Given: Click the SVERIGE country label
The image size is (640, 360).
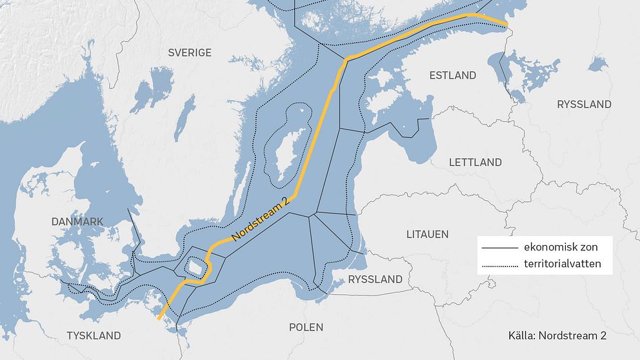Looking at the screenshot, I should pyautogui.click(x=190, y=52).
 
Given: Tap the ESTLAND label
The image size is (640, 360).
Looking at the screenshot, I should pyautogui.click(x=452, y=75).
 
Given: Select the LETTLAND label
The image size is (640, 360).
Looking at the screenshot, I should pyautogui.click(x=475, y=163).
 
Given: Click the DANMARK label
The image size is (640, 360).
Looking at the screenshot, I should pyautogui.click(x=77, y=221).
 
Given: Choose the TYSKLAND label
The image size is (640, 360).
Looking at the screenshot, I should pyautogui.click(x=94, y=335).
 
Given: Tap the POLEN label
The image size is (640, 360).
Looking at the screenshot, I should pyautogui.click(x=306, y=327).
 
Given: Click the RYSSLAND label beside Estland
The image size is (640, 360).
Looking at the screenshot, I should pyautogui.click(x=584, y=104).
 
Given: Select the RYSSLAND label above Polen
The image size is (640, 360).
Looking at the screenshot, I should pyautogui.click(x=375, y=279).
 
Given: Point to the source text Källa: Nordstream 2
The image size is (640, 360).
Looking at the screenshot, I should pyautogui.click(x=557, y=335).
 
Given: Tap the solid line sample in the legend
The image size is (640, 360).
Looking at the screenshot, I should pyautogui.click(x=500, y=248).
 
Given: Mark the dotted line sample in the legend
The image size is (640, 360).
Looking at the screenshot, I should pyautogui.click(x=500, y=265).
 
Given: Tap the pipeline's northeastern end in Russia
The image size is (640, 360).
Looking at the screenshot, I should pyautogui.click(x=506, y=26).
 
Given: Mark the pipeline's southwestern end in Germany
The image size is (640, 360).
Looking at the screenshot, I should pyautogui.click(x=158, y=317).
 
